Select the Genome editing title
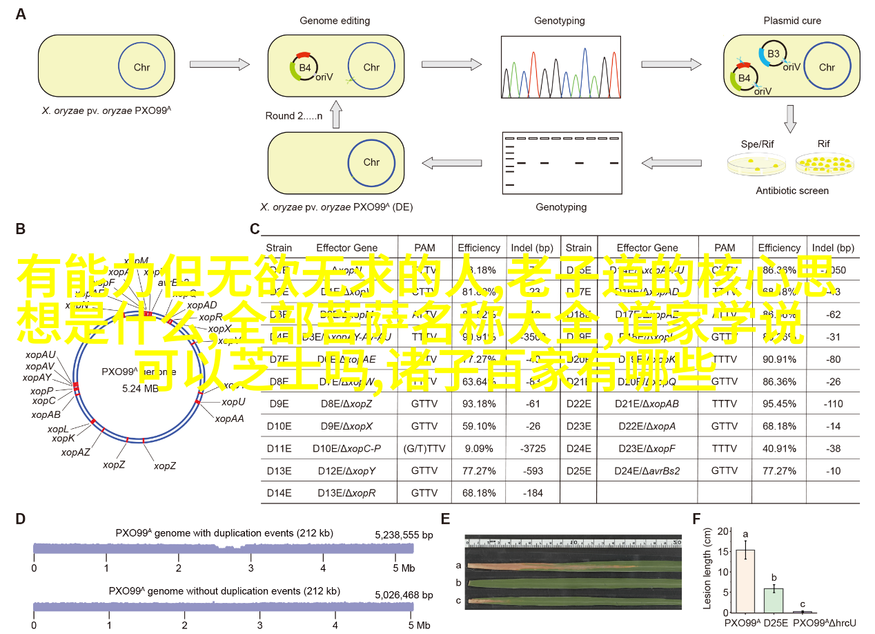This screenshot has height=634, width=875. tap(335, 21)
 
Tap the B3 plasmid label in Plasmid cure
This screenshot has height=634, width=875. tap(774, 53)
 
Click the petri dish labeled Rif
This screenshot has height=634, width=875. tap(823, 165)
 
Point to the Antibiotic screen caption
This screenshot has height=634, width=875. tap(792, 191)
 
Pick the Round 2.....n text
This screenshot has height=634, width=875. tap(294, 116)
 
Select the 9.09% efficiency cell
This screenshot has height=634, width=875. tap(479, 448)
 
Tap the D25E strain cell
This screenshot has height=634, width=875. tap(578, 470)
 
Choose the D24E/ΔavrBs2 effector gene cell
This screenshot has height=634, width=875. tap(648, 470)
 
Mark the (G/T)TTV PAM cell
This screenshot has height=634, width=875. tap(425, 448)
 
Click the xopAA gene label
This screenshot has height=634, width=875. tap(229, 418)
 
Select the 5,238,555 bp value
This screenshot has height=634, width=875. tap(404, 535)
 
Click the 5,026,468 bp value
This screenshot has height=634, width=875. tap(404, 594)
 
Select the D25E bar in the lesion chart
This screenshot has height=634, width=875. tap(774, 600)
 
